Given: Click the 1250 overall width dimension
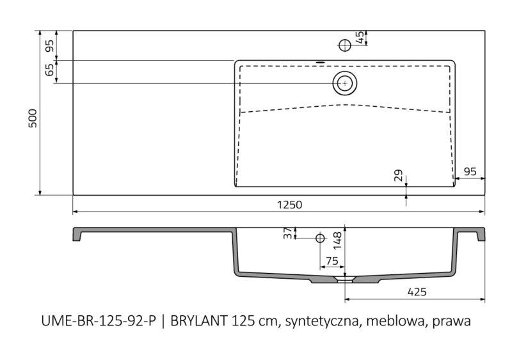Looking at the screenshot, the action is click(x=290, y=205).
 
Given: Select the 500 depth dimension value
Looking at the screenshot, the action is click(x=33, y=118).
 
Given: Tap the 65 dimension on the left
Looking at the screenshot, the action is click(x=49, y=70).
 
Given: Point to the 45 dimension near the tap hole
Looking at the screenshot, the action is click(x=360, y=37).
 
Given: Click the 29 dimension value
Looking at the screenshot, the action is click(x=398, y=176).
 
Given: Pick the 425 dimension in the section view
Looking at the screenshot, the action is click(x=417, y=292).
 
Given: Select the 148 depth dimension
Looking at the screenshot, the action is click(x=338, y=241).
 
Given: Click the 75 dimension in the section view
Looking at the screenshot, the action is click(x=332, y=261).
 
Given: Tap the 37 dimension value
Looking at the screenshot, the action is click(x=287, y=233).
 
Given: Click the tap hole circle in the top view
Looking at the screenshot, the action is click(x=345, y=45).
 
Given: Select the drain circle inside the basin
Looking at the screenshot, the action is click(x=345, y=83).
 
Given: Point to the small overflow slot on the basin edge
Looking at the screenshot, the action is click(x=321, y=61).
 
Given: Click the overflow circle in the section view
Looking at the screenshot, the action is click(x=320, y=238).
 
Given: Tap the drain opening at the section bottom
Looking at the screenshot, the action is click(x=345, y=279).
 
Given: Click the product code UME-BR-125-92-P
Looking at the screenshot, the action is click(x=99, y=321).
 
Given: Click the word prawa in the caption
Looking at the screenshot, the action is click(x=452, y=322).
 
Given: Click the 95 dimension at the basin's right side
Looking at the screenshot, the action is click(x=470, y=171).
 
